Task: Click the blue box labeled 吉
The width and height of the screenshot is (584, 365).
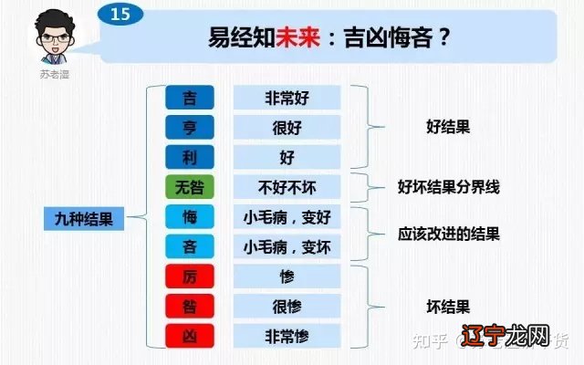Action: point(189,98)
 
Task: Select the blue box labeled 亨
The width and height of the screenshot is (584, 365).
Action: point(189,127)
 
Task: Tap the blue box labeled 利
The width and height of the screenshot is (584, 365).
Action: point(189,157)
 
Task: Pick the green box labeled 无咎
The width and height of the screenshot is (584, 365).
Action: point(189,187)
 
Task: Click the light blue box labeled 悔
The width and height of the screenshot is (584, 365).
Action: point(189,217)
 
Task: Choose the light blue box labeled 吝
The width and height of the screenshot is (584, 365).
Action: point(189,246)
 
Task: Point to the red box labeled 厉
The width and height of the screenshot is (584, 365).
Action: point(189,276)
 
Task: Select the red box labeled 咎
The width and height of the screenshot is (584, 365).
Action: point(189,306)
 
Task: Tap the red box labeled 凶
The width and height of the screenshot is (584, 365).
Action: point(189,336)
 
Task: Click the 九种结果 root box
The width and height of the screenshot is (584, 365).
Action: point(84,218)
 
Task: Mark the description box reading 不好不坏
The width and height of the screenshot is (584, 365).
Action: point(287,187)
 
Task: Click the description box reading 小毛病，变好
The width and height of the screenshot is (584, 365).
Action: point(287,217)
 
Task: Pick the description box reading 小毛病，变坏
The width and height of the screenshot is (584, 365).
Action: point(287,246)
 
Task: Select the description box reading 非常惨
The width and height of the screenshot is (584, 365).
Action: point(287,336)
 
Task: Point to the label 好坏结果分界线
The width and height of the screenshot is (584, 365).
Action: point(448,187)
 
